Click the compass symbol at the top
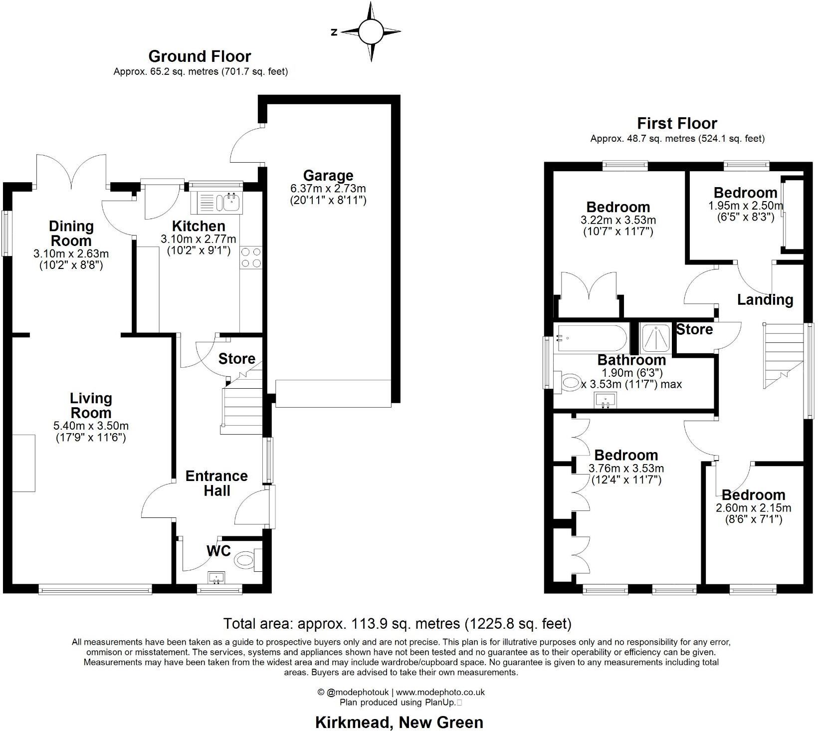[370, 32]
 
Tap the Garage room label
[328, 176]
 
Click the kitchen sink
[231, 202]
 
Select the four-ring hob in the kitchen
[251, 257]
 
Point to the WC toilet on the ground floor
[246, 560]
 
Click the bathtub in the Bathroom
[591, 338]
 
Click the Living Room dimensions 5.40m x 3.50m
[91, 426]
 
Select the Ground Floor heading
[200, 56]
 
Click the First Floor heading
[677, 123]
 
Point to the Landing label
[765, 299]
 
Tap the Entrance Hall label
[216, 483]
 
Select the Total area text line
[397, 623]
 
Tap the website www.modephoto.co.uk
[440, 692]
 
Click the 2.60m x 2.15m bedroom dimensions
[753, 508]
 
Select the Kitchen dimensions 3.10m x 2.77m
[198, 239]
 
